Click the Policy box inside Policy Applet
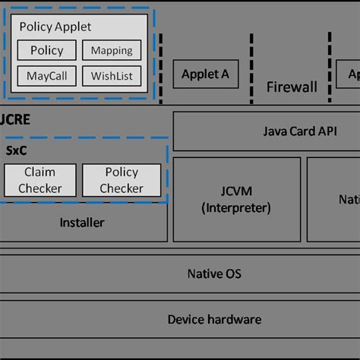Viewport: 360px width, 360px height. (x=47, y=51)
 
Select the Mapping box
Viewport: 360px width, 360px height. (x=111, y=51)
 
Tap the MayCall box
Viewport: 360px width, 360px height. (x=47, y=76)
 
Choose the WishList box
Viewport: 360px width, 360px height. (x=111, y=76)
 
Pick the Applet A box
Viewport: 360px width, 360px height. (x=205, y=74)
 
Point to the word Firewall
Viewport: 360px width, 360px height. (x=292, y=87)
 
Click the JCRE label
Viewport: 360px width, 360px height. (x=14, y=120)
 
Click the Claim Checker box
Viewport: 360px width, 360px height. (x=39, y=180)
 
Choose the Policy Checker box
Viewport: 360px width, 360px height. (x=122, y=180)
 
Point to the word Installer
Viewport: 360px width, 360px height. (x=82, y=223)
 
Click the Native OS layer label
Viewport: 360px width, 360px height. (x=214, y=273)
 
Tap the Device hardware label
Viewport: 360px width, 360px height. (x=214, y=319)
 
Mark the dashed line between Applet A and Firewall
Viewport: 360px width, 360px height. (x=251, y=68)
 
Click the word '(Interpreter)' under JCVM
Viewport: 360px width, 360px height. (x=236, y=208)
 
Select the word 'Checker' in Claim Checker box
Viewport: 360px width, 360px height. (x=39, y=188)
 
